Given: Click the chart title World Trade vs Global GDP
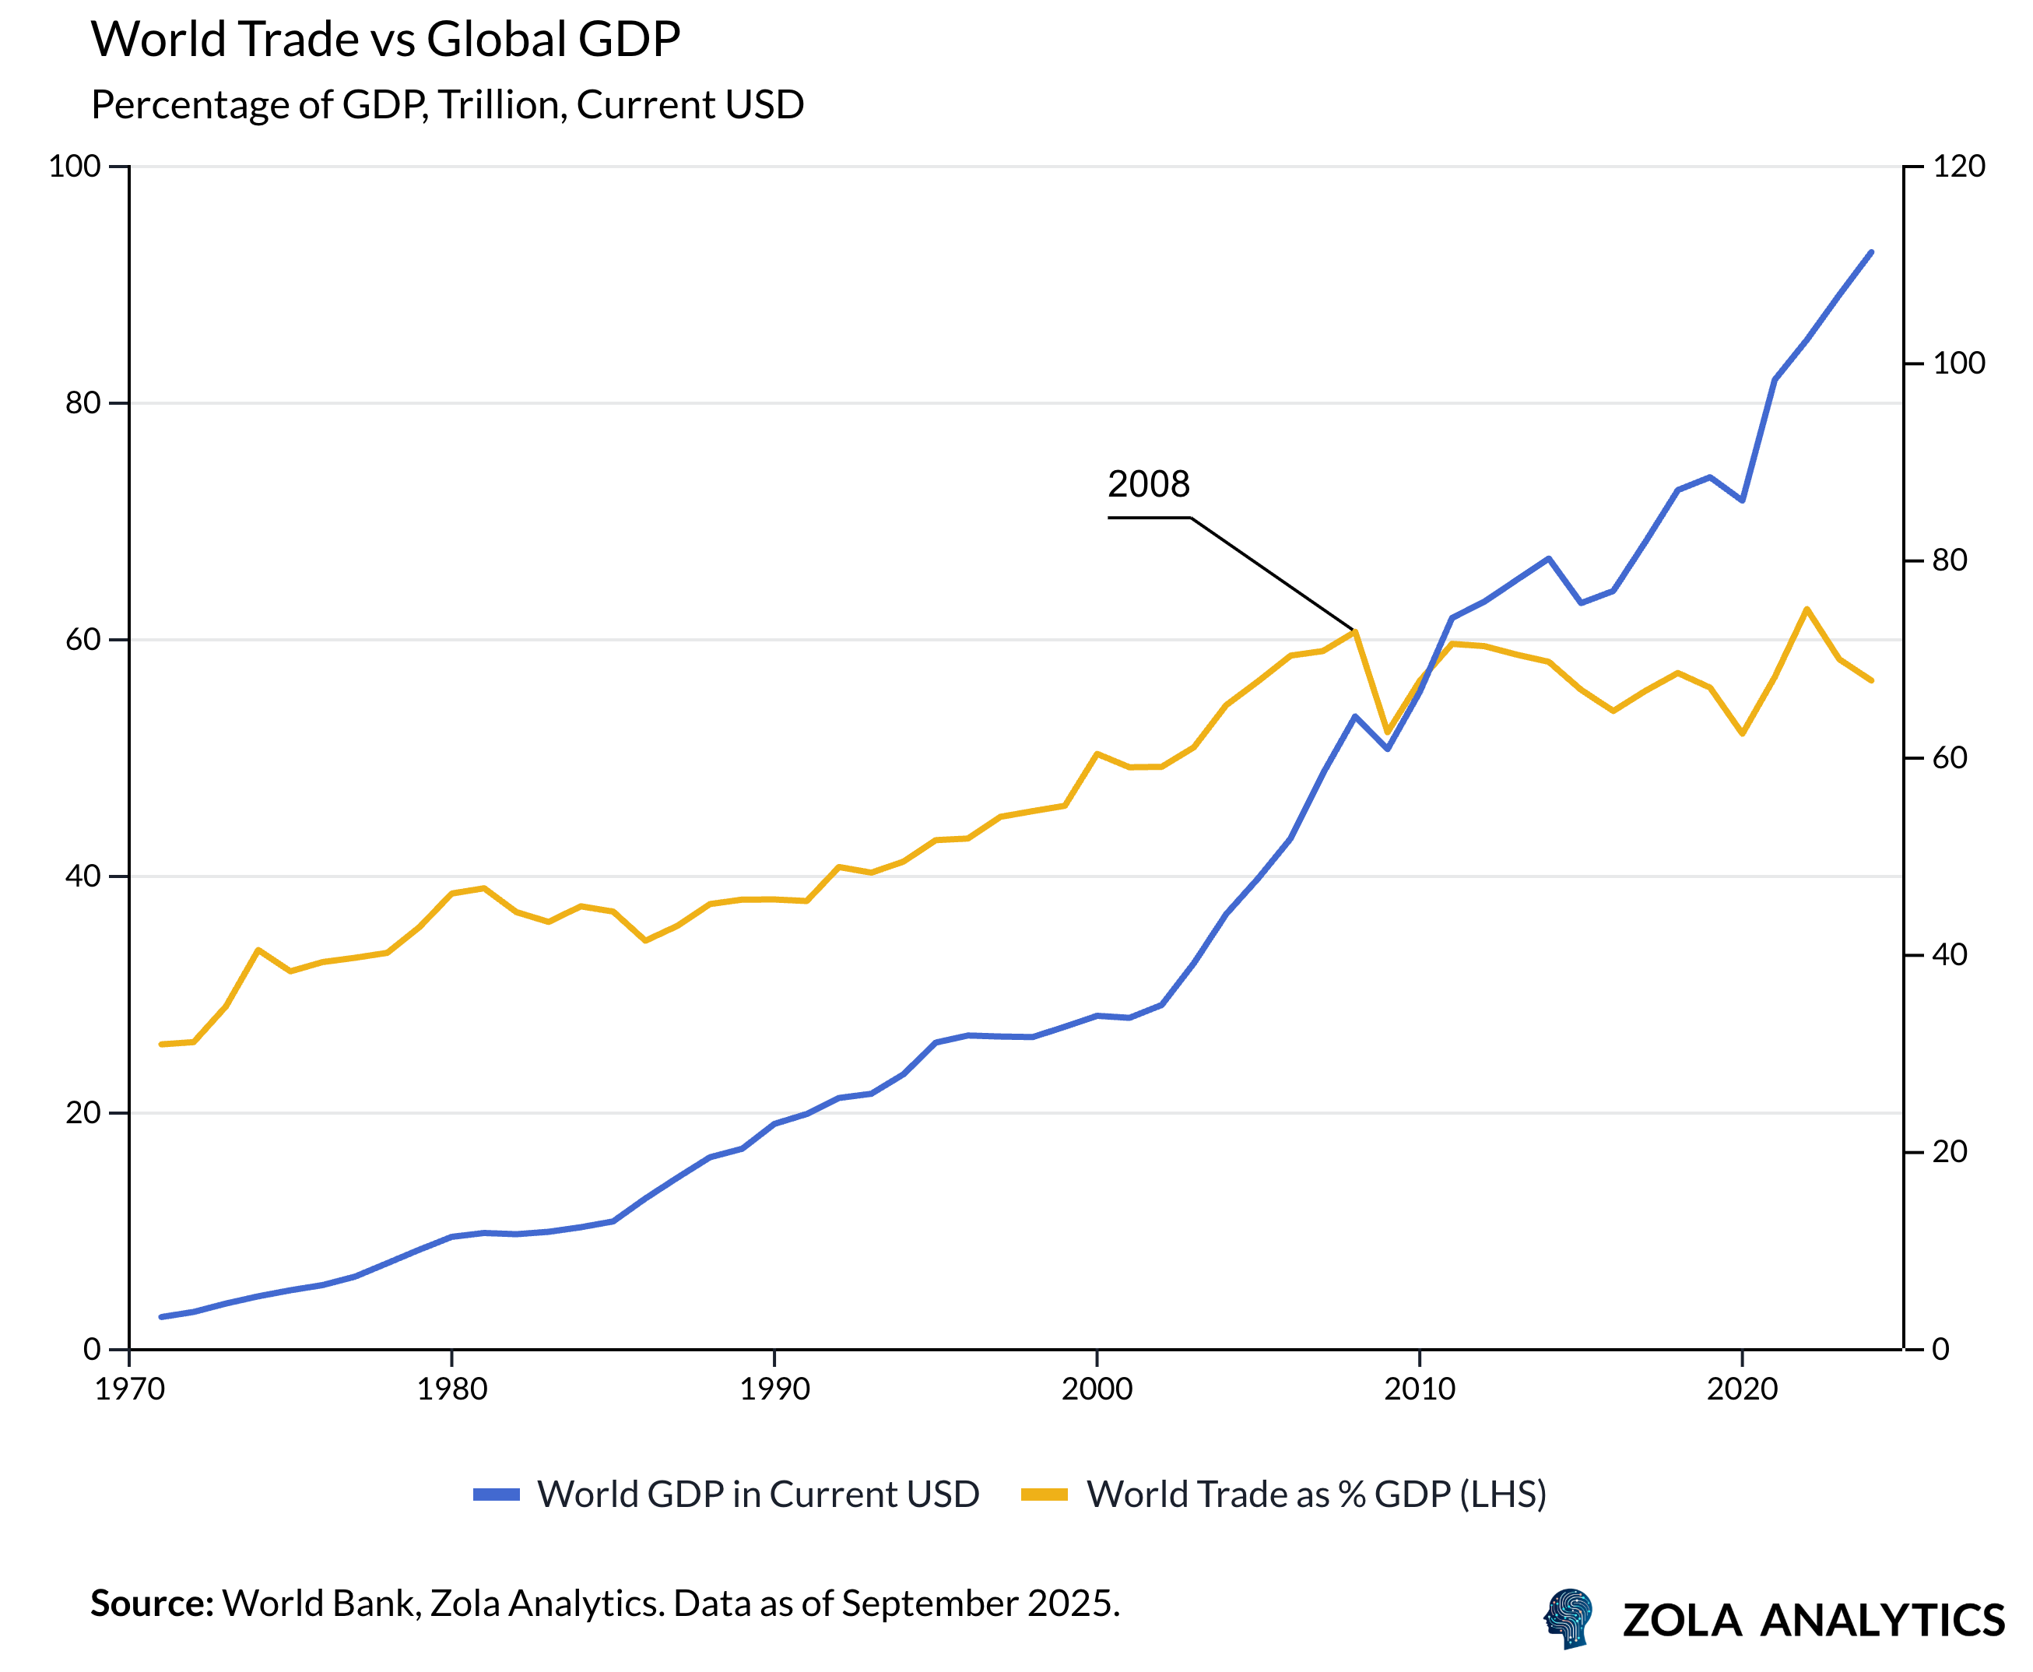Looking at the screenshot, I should pyautogui.click(x=385, y=40).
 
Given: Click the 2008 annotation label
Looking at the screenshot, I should pyautogui.click(x=1148, y=483).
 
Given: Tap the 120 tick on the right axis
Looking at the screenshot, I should pyautogui.click(x=1958, y=167).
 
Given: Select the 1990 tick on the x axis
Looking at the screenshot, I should pyautogui.click(x=774, y=1389).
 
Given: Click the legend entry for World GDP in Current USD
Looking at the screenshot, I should pyautogui.click(x=758, y=1494).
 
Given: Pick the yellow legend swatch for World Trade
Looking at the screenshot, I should pyautogui.click(x=1044, y=1494).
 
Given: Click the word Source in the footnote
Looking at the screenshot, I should pyautogui.click(x=151, y=1604).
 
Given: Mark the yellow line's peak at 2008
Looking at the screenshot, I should pyautogui.click(x=1355, y=632).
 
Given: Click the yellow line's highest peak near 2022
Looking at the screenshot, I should pyautogui.click(x=1807, y=609).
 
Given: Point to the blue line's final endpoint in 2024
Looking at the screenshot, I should pyautogui.click(x=1871, y=252).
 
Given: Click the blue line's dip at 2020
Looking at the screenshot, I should pyautogui.click(x=1742, y=501).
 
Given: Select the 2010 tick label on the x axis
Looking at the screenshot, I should pyautogui.click(x=1420, y=1389).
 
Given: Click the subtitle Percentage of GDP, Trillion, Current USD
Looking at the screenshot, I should pyautogui.click(x=447, y=105).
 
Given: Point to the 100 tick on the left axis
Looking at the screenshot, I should pyautogui.click(x=75, y=167).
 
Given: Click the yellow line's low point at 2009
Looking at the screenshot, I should pyautogui.click(x=1388, y=732).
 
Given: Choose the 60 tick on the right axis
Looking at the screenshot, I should pyautogui.click(x=1949, y=758).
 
